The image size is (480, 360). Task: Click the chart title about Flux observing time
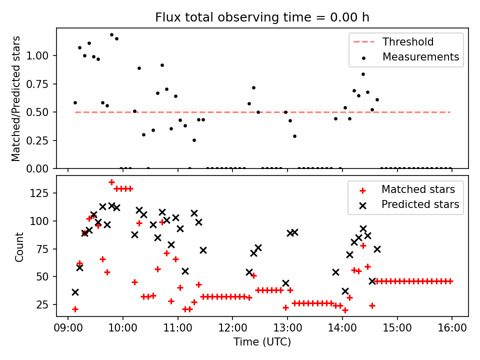(262, 17)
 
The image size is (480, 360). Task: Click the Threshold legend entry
(408, 42)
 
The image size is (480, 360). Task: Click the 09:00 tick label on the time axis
(67, 328)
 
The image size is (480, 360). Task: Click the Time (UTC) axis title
(262, 342)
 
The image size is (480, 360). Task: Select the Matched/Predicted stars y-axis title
(16, 98)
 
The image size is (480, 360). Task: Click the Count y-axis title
(19, 246)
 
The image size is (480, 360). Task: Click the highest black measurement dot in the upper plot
(111, 35)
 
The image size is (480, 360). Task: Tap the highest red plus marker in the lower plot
(111, 182)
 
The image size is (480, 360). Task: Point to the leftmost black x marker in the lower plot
(75, 292)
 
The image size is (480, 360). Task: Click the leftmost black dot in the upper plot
(75, 102)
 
